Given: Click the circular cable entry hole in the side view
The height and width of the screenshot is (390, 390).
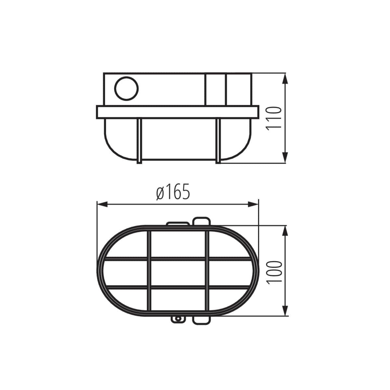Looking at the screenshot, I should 126,88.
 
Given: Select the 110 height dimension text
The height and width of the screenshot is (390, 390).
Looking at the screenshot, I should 273,118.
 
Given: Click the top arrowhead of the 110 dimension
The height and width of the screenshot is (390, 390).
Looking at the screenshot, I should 285,79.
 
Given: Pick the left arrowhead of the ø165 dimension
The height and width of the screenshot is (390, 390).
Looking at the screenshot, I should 103,204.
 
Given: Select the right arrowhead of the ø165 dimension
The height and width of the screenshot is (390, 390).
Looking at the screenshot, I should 253,204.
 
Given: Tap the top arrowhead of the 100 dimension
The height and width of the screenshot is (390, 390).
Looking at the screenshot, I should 285,231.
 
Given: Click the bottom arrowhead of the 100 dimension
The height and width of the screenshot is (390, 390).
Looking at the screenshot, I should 285,310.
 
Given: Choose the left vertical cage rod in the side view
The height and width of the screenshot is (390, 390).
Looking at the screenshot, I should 139,140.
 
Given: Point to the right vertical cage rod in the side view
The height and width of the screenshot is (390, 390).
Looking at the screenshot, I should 218,140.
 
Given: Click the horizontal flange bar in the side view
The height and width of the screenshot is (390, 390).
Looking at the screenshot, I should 178,112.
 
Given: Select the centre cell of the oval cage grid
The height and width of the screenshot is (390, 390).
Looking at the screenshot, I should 178,273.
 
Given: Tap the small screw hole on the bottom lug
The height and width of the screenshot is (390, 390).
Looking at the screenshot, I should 178,319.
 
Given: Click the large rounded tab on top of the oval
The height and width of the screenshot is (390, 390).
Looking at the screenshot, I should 201,221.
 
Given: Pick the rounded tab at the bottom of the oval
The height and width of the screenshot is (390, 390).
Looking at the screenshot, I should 201,320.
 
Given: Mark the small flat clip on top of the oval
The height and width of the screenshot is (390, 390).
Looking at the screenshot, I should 177,224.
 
